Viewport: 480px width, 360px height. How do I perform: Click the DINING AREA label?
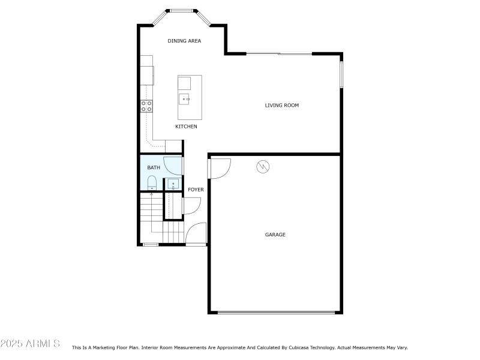click(184, 41)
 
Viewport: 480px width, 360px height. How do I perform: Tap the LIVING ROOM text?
click(282, 106)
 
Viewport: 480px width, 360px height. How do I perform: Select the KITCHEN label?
click(186, 127)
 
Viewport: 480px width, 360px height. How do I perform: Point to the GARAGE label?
click(275, 235)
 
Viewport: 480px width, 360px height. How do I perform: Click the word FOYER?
click(196, 190)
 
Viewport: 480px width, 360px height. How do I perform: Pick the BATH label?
click(154, 168)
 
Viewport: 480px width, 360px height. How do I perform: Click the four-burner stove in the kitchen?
click(146, 106)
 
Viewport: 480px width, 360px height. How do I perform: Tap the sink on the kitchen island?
click(185, 98)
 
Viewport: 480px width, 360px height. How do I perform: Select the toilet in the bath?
click(152, 182)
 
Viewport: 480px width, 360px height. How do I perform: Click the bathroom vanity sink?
click(173, 184)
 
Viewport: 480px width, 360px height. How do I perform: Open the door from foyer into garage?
click(219, 169)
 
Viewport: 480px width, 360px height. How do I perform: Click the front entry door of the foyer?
click(196, 234)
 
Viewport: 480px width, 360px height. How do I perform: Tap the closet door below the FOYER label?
click(191, 206)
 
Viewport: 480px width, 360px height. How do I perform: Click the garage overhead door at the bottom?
click(276, 313)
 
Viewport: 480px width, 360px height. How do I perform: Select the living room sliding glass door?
click(279, 54)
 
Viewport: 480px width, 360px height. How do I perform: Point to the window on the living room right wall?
click(341, 72)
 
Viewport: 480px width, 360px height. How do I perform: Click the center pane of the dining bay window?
click(181, 10)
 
